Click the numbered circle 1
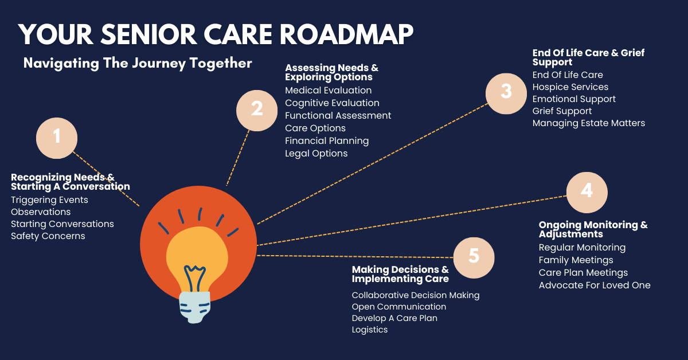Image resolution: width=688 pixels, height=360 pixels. click(57, 138)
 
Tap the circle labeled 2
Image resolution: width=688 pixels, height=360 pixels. click(257, 111)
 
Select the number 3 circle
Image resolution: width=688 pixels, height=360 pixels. click(506, 93)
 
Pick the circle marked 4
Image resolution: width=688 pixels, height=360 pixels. click(587, 193)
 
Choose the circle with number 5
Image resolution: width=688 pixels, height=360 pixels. click(474, 258)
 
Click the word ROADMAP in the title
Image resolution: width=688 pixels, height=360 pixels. click(346, 34)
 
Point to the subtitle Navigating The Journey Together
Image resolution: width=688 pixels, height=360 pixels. click(138, 64)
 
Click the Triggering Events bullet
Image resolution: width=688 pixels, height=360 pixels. click(49, 200)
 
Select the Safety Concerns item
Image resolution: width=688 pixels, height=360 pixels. click(48, 236)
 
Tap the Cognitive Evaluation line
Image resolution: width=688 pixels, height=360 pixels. click(332, 103)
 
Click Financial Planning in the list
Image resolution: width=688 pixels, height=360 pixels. click(327, 140)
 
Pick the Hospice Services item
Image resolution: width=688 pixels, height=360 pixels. click(570, 87)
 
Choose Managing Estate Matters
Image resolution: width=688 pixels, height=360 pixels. click(588, 123)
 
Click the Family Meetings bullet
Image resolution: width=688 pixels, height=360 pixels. click(576, 260)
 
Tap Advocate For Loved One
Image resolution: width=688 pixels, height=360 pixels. click(595, 285)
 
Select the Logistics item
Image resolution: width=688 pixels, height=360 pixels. click(370, 330)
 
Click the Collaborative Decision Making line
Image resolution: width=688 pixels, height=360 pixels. click(416, 295)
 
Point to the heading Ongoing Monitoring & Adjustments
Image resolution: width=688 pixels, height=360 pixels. click(593, 229)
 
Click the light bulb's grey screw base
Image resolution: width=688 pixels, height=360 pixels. click(195, 307)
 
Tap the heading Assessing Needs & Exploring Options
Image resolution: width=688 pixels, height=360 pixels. click(332, 72)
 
